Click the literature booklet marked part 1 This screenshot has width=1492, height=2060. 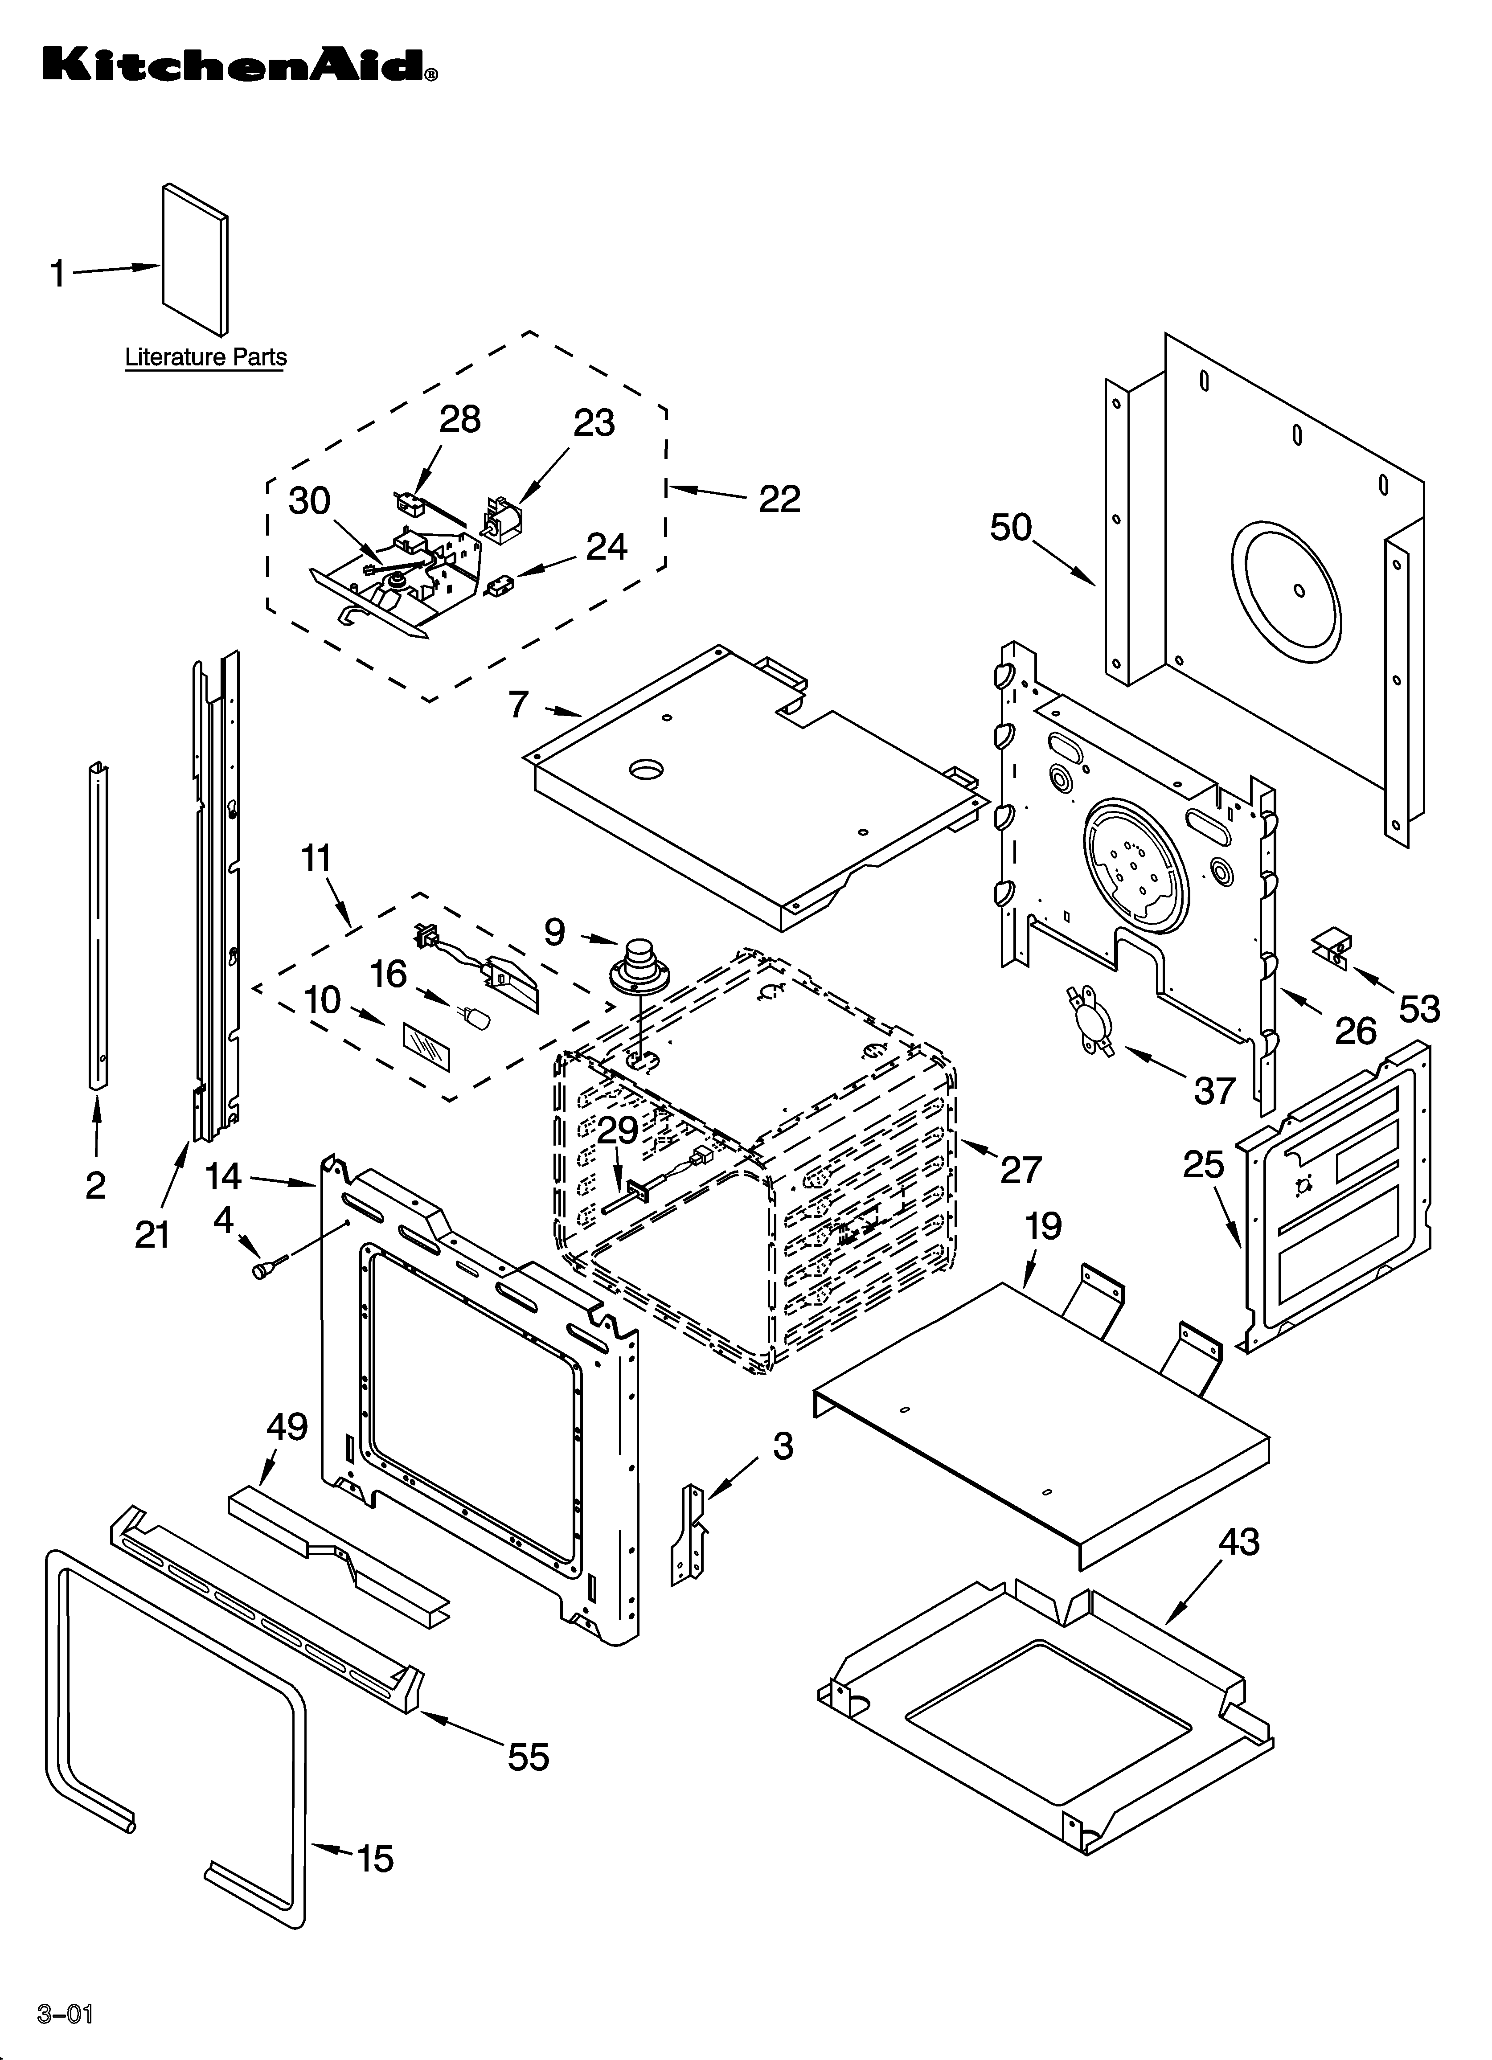tap(194, 259)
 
